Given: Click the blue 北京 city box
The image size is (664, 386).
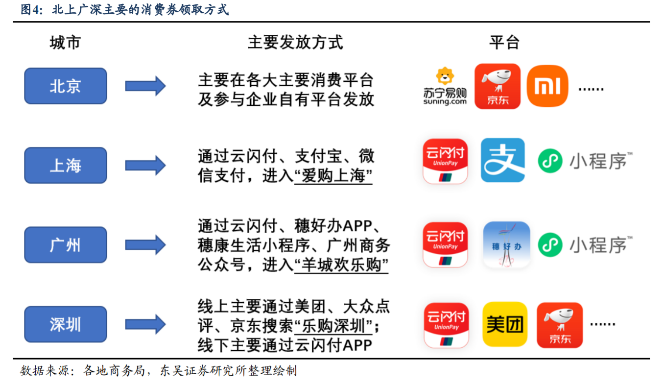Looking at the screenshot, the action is pyautogui.click(x=66, y=86).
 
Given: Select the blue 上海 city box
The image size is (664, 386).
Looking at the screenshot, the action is pyautogui.click(x=66, y=166).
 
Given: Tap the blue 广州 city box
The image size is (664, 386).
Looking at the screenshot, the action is pyautogui.click(x=66, y=245).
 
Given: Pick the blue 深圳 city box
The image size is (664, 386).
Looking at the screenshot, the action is pyautogui.click(x=66, y=324).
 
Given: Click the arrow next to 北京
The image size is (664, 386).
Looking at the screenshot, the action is pyautogui.click(x=145, y=86).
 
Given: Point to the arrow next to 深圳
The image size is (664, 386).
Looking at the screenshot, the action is pyautogui.click(x=145, y=324).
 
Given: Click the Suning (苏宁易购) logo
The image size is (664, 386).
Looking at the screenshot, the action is pyautogui.click(x=445, y=86).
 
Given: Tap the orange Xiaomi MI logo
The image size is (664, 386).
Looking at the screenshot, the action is pyautogui.click(x=547, y=86).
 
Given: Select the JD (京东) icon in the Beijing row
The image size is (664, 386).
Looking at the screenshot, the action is pyautogui.click(x=498, y=86).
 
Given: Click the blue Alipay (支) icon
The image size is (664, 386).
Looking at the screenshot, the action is pyautogui.click(x=503, y=160).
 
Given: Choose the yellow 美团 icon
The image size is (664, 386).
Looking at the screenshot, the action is pyautogui.click(x=505, y=324).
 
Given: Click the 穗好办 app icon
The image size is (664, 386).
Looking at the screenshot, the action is pyautogui.click(x=507, y=245).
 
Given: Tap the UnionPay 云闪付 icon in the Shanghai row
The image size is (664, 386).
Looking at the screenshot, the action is pyautogui.click(x=445, y=161).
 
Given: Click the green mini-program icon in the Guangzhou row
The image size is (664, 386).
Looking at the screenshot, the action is pyautogui.click(x=550, y=245).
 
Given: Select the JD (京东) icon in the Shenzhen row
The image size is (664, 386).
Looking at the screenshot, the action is pyautogui.click(x=560, y=325).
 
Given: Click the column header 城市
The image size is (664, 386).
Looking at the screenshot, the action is pyautogui.click(x=65, y=43).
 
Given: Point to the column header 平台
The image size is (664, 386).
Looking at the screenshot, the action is pyautogui.click(x=504, y=43).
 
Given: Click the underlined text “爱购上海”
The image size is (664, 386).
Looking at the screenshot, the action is pyautogui.click(x=333, y=176).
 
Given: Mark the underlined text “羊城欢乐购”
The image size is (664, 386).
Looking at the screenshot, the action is pyautogui.click(x=341, y=265).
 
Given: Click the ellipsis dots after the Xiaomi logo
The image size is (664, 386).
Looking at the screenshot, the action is pyautogui.click(x=591, y=89).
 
